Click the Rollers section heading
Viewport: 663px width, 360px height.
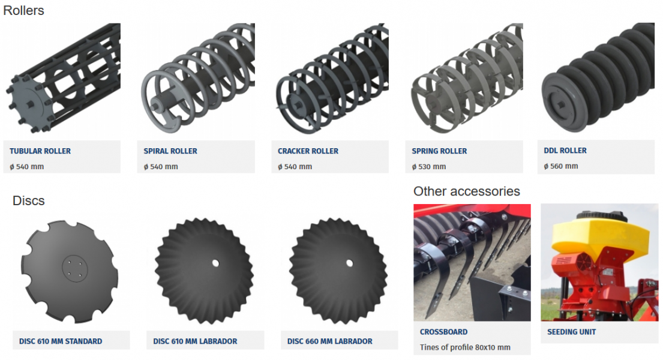(23, 10)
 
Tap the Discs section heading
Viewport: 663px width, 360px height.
(28, 200)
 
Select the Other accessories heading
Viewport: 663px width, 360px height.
(466, 191)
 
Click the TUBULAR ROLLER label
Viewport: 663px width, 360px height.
(40, 151)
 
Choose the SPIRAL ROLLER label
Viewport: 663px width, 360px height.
(170, 151)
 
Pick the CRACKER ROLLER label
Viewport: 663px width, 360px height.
(308, 151)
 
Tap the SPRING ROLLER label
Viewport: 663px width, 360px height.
(439, 151)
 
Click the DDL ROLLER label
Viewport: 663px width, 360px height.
(565, 151)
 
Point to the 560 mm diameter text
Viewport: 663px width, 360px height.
(560, 166)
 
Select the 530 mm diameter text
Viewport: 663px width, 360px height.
(429, 167)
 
